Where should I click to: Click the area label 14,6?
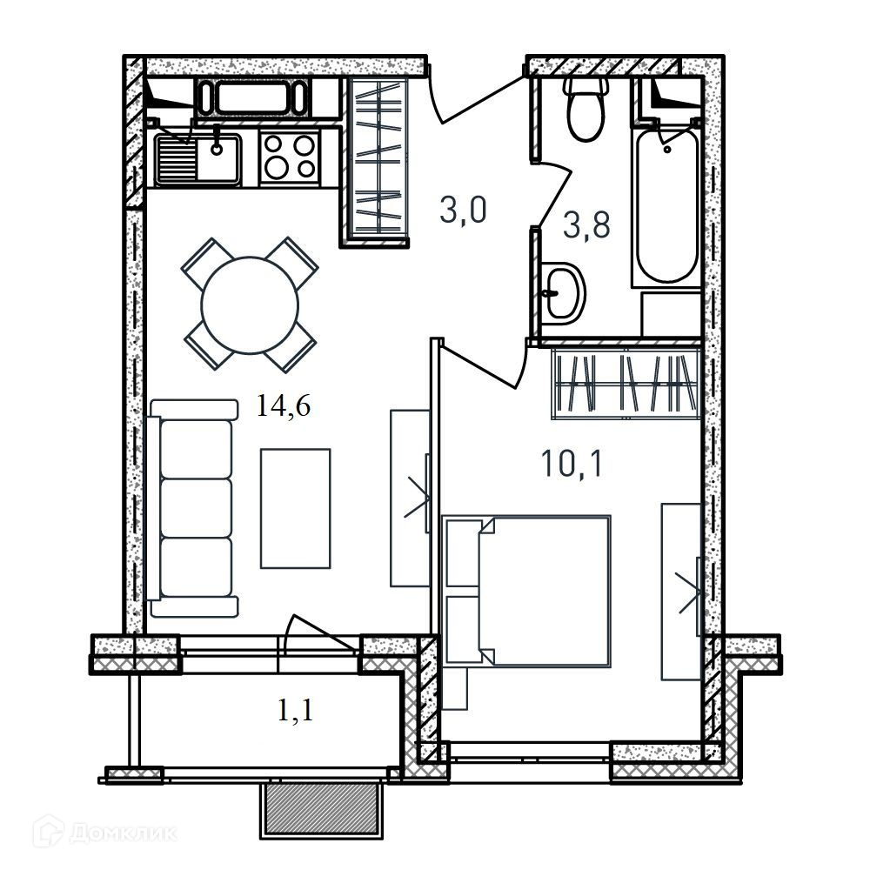click(284, 405)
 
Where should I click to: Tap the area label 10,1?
click(572, 464)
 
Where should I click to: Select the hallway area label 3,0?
click(463, 211)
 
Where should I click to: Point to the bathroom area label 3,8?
click(586, 225)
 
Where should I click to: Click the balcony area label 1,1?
click(295, 709)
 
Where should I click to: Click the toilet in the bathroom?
click(586, 108)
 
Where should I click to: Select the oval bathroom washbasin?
click(564, 292)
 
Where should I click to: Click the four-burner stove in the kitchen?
click(289, 157)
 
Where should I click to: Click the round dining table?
click(250, 304)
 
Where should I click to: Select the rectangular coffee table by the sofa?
click(296, 508)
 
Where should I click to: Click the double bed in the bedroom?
click(528, 590)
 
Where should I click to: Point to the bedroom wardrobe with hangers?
click(626, 382)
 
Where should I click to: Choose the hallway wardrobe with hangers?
click(378, 160)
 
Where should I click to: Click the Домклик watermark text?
click(124, 833)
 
